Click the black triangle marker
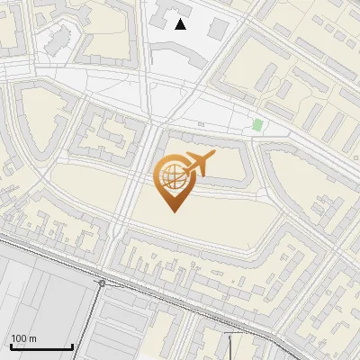coord(181,24)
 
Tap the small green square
coord(257,124)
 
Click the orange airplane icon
coord(197,165)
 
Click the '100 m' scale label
coord(23,338)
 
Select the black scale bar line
coord(41,346)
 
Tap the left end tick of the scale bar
coord(11,346)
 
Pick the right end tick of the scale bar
coord(72,346)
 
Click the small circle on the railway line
coord(102,283)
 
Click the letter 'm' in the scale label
coord(32,338)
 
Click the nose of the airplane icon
coord(212,155)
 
